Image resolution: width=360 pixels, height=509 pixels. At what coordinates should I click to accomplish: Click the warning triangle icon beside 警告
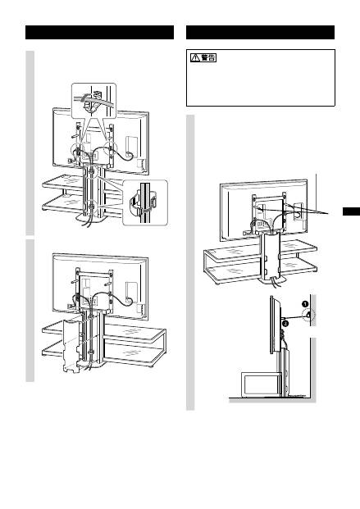(195, 57)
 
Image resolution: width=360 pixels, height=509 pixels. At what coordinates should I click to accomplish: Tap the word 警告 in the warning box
(208, 57)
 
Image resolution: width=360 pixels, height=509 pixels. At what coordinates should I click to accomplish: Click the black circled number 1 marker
(305, 304)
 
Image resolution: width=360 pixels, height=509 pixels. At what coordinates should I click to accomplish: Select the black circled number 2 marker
(285, 323)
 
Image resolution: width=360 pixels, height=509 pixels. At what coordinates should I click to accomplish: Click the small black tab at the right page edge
(351, 211)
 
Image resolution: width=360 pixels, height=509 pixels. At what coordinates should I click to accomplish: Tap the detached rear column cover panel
(71, 346)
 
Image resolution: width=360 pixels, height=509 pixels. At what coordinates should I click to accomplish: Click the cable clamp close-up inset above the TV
(93, 101)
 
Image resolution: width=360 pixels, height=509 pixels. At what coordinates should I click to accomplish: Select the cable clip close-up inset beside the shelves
(145, 202)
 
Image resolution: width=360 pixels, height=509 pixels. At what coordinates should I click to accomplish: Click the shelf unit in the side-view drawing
(260, 384)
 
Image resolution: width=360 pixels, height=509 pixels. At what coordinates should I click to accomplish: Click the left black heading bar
(99, 33)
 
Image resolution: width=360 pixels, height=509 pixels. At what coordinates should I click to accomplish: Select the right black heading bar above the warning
(260, 33)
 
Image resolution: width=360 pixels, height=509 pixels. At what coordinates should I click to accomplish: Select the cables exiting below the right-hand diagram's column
(272, 284)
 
